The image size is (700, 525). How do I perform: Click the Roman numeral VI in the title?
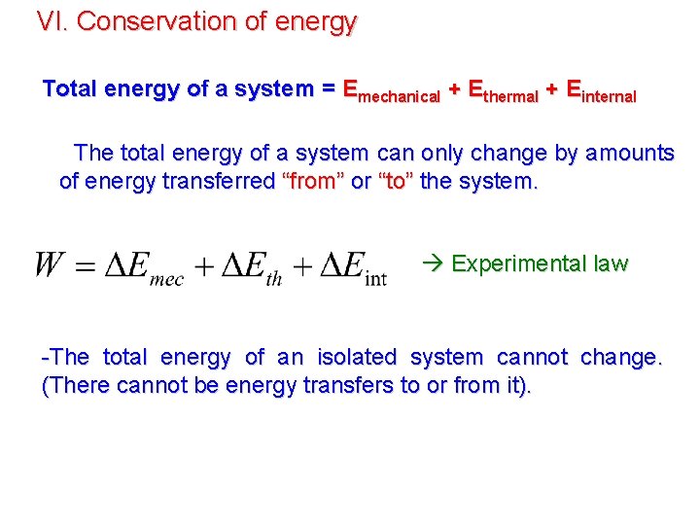[50, 21]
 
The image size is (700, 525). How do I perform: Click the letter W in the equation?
[51, 265]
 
